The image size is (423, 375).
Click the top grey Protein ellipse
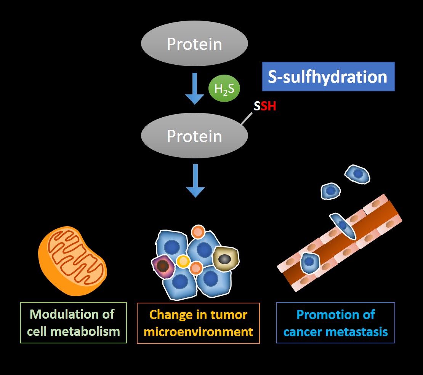click(194, 44)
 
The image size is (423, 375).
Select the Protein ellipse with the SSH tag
click(194, 136)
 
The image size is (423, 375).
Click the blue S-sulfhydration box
click(328, 77)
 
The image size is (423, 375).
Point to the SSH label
click(265, 106)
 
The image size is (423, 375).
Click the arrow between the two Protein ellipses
click(195, 88)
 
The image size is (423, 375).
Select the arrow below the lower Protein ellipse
click(195, 180)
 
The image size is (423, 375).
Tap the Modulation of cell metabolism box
click(74, 323)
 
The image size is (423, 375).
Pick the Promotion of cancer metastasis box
click(335, 323)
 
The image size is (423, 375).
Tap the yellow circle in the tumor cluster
click(183, 262)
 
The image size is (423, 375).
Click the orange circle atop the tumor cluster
click(198, 231)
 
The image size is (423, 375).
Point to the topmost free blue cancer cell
click(358, 174)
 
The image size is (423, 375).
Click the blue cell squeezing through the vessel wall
click(343, 225)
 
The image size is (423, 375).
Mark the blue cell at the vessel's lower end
click(309, 263)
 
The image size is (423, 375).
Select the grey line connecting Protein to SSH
click(247, 118)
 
